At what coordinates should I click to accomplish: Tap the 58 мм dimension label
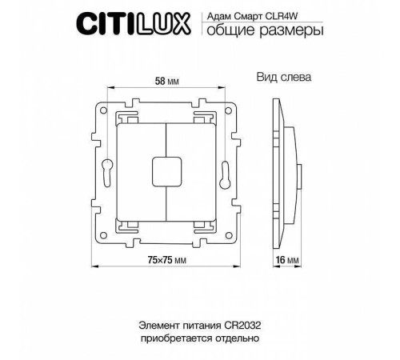pyautogui.click(x=166, y=81)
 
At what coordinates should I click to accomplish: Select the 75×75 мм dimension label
pyautogui.click(x=166, y=260)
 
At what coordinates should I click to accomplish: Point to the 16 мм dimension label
pyautogui.click(x=293, y=261)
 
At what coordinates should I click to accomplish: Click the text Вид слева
pyautogui.click(x=283, y=78)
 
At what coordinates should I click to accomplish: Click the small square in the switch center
pyautogui.click(x=166, y=170)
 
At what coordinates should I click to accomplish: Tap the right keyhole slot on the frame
pyautogui.click(x=226, y=170)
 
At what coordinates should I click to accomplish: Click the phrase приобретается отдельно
pyautogui.click(x=199, y=339)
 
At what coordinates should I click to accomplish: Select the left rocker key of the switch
pyautogui.click(x=142, y=170)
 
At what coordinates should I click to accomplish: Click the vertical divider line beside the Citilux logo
pyautogui.click(x=199, y=23)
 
